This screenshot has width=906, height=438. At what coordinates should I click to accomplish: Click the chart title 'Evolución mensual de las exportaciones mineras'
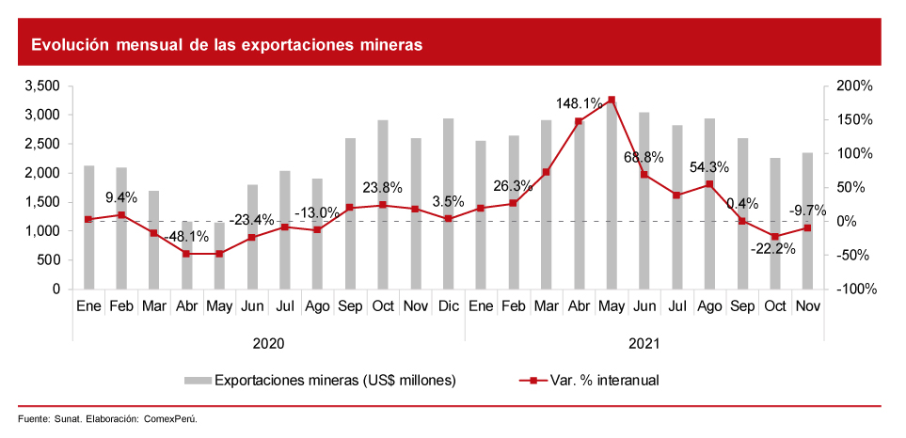tap(227, 44)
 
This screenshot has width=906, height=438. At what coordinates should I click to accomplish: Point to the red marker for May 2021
tap(612, 100)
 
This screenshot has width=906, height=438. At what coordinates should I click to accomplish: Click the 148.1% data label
tap(580, 103)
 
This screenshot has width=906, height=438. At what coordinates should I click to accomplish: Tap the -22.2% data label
tap(773, 249)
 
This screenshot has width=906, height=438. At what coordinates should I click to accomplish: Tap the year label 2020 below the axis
tap(269, 344)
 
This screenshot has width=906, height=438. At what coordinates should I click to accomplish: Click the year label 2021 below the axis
tap(644, 344)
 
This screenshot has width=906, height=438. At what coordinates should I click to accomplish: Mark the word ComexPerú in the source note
tap(170, 418)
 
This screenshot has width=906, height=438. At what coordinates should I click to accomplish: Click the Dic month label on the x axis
tap(448, 306)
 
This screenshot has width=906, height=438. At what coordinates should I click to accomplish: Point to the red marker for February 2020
tap(121, 215)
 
